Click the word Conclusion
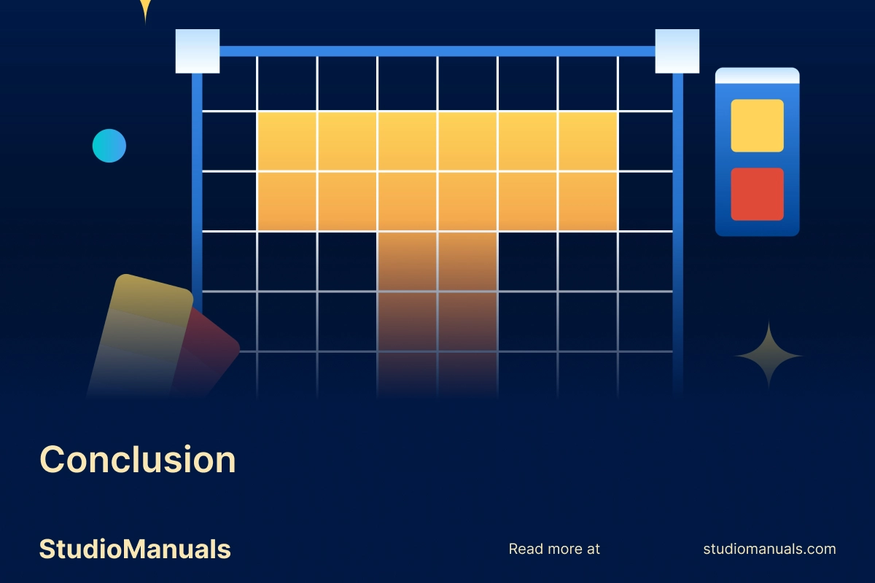[x=138, y=460]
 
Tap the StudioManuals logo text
[x=135, y=549]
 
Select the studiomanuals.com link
[x=769, y=549]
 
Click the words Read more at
[x=554, y=549]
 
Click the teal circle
[x=109, y=146]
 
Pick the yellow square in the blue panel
[x=757, y=125]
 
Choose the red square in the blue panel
[x=757, y=194]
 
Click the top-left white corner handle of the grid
[x=198, y=51]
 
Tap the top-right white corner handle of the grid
[x=677, y=51]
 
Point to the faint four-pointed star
[x=769, y=356]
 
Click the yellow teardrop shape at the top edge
[x=145, y=9]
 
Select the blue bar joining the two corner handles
[x=437, y=51]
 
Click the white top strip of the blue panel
[x=757, y=75]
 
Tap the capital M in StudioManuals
[x=134, y=549]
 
